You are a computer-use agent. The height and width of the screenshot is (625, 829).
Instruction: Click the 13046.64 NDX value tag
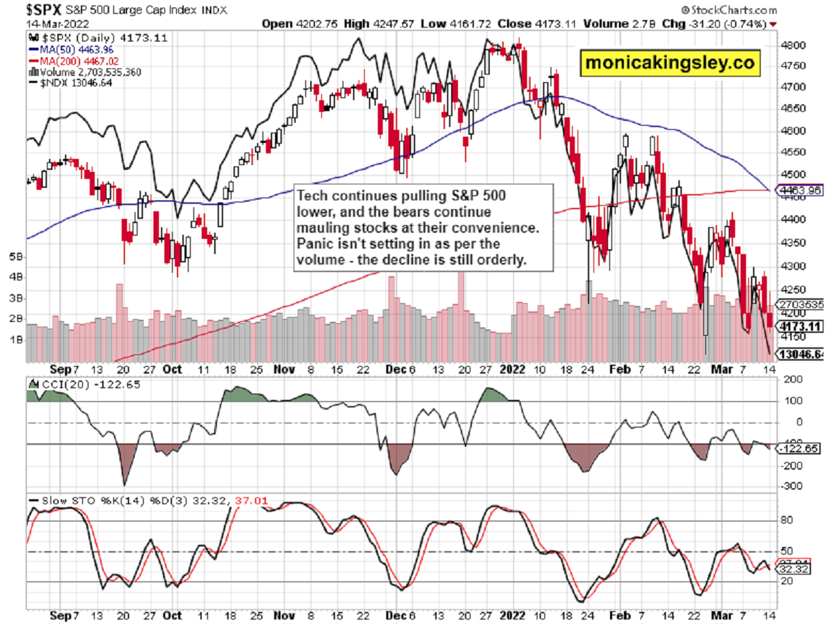[802, 354]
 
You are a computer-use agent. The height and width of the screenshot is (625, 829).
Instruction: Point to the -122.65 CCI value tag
[801, 449]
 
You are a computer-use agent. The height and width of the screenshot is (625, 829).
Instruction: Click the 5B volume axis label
[14, 256]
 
